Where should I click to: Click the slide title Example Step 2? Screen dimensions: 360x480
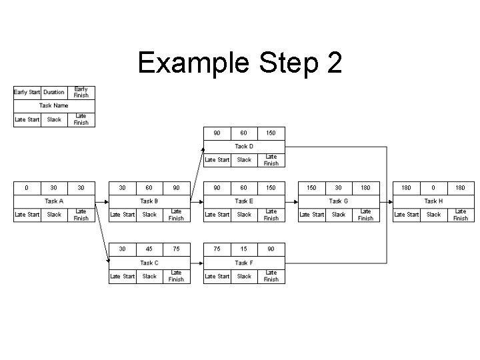239,63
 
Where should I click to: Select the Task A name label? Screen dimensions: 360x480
54,201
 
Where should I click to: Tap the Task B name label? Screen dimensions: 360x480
149,201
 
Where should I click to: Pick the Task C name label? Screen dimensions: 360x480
149,263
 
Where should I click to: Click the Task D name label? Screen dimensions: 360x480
244,146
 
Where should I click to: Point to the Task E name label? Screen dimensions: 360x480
244,201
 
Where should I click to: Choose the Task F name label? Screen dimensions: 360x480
244,263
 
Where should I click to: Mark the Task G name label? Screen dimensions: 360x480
339,201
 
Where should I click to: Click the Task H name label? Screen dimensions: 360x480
433,201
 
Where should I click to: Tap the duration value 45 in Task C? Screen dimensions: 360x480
149,249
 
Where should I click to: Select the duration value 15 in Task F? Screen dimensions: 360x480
244,249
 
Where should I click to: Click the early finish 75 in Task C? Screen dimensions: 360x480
176,249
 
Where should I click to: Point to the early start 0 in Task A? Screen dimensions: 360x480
27,187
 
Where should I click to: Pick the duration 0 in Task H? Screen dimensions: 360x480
433,187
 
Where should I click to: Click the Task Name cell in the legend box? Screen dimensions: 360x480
54,105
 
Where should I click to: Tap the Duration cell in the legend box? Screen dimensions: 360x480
54,92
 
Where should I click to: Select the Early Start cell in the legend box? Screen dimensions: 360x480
27,92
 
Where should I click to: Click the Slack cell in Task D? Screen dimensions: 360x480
244,160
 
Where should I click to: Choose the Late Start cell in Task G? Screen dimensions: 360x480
312,215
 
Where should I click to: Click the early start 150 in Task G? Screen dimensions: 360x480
311,187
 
